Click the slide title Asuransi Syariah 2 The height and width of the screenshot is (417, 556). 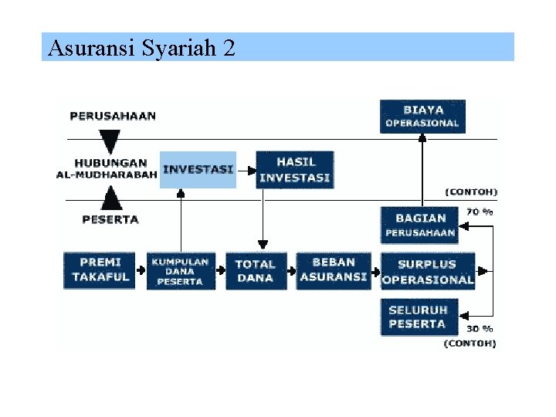[x=141, y=48]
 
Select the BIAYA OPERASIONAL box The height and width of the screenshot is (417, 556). [x=422, y=116]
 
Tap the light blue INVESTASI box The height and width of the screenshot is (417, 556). [x=198, y=169]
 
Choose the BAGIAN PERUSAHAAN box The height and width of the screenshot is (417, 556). [x=420, y=225]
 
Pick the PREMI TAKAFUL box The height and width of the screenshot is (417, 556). [x=100, y=270]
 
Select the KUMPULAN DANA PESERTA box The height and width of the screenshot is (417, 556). [x=180, y=271]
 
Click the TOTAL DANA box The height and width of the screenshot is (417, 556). [x=256, y=270]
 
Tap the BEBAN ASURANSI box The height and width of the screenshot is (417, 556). [x=334, y=270]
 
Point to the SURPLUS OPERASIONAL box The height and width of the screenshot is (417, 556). [x=427, y=271]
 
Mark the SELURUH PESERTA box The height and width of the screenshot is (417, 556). [x=418, y=317]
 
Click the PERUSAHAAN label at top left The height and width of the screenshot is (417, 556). [x=113, y=117]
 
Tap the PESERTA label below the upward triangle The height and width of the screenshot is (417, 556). [x=110, y=219]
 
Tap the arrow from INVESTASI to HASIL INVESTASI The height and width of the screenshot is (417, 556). [x=246, y=169]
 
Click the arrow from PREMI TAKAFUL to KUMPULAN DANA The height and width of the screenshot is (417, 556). [x=141, y=270]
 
